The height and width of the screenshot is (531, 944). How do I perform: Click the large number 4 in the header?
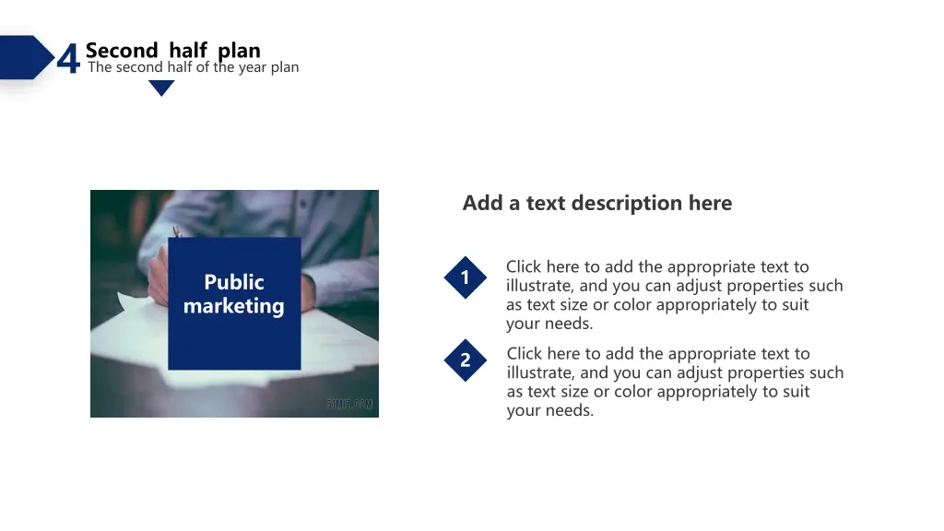tap(68, 60)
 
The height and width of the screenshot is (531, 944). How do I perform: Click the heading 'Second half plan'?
tap(172, 51)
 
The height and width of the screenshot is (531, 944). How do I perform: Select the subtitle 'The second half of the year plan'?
tap(193, 67)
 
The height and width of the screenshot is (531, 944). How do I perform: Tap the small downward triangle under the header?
tap(161, 88)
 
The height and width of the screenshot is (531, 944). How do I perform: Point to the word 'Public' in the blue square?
tap(234, 282)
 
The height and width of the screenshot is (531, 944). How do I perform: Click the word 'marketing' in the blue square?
tap(234, 306)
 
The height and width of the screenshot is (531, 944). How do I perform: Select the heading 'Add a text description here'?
tap(596, 203)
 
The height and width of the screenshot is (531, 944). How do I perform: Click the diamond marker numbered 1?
tap(466, 277)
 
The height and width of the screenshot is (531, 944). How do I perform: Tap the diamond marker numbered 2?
tap(466, 360)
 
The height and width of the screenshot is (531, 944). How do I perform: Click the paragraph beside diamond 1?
tap(674, 295)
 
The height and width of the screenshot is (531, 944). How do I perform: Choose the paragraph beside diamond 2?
tap(675, 382)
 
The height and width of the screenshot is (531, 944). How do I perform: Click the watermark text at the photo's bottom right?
tap(349, 405)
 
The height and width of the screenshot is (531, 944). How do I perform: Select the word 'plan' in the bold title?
tap(240, 51)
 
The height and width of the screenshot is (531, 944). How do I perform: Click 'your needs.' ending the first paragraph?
tap(549, 324)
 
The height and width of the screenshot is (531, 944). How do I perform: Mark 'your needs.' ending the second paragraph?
tap(550, 410)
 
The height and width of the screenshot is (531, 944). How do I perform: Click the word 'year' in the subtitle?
tap(251, 67)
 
